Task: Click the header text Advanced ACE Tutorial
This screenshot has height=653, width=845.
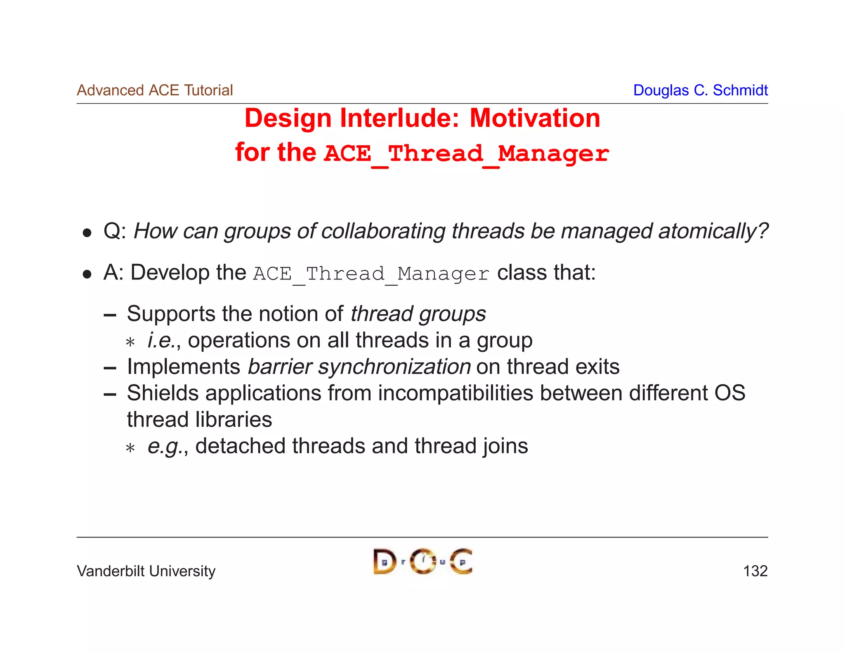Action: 155,90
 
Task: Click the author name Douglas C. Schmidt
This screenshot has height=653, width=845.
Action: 700,90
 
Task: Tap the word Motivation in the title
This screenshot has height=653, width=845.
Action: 535,118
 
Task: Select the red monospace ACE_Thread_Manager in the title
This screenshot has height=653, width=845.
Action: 466,154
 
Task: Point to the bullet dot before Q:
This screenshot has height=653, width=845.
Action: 87,233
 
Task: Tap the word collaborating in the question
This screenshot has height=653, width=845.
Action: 383,231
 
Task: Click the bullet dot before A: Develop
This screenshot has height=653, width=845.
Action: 87,274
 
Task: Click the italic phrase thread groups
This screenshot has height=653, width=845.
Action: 418,314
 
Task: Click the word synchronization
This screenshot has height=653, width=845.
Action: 394,367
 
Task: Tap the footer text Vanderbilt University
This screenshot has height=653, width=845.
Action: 146,571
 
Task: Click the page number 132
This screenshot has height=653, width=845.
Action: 755,571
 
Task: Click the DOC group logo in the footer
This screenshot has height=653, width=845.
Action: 422,562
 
